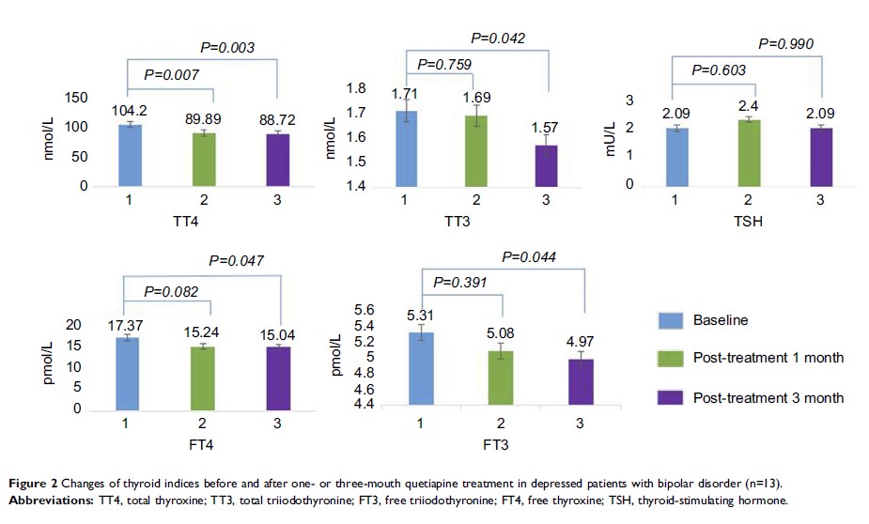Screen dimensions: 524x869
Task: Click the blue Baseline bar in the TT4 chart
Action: (129, 155)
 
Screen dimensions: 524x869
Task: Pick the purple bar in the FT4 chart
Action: (277, 378)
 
